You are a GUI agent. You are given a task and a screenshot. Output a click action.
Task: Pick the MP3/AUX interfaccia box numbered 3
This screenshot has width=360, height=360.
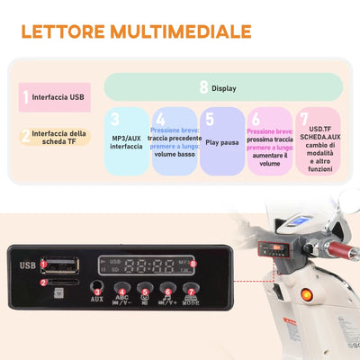(x=126, y=140)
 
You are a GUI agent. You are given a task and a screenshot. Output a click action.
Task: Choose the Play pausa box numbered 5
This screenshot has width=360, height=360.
(x=221, y=140)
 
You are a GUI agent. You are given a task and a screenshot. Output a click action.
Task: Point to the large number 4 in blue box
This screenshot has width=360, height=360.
(x=159, y=119)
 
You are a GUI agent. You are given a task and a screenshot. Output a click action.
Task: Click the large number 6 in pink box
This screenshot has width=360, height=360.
(x=255, y=119)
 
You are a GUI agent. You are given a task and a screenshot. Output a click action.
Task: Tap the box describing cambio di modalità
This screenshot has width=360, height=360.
(x=318, y=140)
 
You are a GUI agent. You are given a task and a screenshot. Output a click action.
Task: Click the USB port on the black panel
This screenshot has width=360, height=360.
(x=57, y=264)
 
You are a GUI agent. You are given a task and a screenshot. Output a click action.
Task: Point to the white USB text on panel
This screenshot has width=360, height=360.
(x=27, y=265)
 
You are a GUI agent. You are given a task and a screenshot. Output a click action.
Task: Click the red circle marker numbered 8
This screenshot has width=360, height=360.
(x=193, y=261)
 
